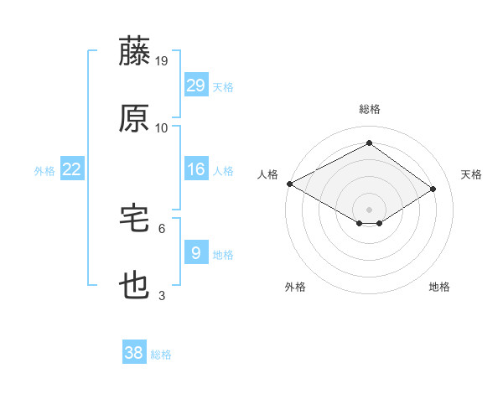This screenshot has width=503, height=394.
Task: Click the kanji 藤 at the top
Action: click(135, 51)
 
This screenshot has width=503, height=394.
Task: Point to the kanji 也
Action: click(135, 286)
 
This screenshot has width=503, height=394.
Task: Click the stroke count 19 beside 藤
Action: click(163, 60)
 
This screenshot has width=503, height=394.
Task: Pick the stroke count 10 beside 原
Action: click(162, 127)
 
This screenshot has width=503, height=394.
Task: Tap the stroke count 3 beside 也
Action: click(162, 295)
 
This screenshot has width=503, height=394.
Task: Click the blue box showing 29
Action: click(195, 86)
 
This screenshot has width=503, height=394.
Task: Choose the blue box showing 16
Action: click(195, 169)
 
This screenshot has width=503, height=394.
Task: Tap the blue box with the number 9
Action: click(195, 253)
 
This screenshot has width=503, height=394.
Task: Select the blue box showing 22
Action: click(72, 169)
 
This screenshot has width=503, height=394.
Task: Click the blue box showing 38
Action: click(134, 353)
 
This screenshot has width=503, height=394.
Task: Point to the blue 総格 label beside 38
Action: click(161, 355)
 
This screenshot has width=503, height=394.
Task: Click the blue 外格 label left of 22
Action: click(44, 171)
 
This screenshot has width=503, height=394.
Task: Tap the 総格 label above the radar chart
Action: click(369, 109)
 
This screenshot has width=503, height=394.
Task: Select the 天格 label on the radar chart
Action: click(472, 174)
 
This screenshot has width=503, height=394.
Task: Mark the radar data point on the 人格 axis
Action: click(289, 184)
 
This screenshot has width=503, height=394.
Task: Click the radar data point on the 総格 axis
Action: click(369, 143)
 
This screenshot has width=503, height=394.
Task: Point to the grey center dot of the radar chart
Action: click(369, 209)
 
